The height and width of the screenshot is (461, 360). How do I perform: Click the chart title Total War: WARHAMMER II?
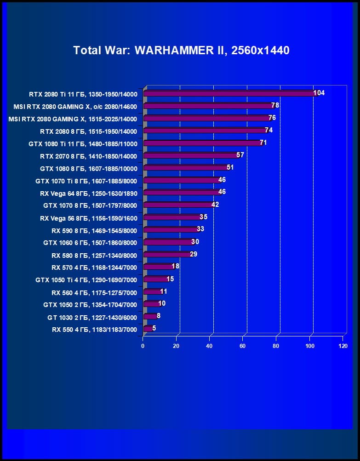(x=181, y=50)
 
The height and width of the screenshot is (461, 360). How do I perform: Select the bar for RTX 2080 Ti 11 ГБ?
(x=230, y=94)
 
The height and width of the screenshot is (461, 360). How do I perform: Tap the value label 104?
(x=319, y=93)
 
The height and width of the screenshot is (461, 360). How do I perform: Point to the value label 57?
(x=240, y=155)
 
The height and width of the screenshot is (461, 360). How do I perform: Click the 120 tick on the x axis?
(x=343, y=346)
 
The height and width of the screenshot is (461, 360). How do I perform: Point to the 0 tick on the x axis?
(x=143, y=346)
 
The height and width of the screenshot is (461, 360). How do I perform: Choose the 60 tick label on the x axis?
(x=243, y=346)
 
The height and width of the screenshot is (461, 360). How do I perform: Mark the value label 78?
(x=275, y=105)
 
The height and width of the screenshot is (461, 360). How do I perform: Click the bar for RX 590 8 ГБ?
(x=171, y=230)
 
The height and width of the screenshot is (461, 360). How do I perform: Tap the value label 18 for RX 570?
(x=175, y=266)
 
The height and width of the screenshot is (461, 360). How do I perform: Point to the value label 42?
(x=215, y=205)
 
